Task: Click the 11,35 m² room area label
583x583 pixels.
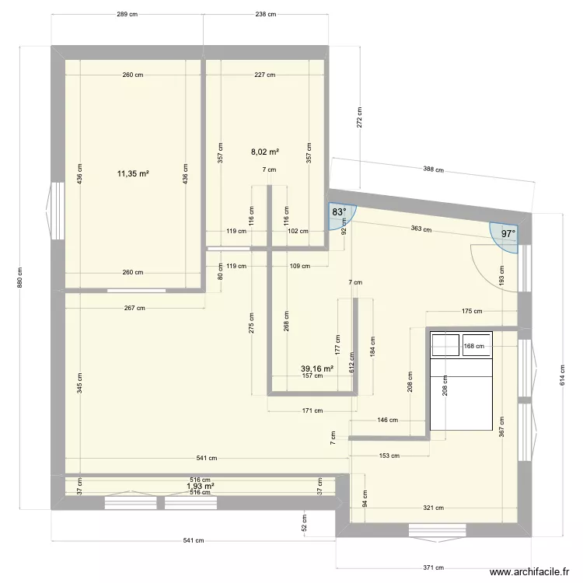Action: coord(133,173)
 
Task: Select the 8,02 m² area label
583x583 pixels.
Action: coord(265,153)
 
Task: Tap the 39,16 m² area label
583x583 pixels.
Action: coord(317,369)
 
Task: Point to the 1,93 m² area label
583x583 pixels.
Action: coord(200,487)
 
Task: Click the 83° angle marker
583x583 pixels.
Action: coord(339,212)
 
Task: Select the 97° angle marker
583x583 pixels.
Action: coord(508,233)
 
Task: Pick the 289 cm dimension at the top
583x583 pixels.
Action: coord(127,14)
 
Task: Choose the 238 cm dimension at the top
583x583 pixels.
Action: coord(266,14)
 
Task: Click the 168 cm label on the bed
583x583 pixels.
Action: coord(473,347)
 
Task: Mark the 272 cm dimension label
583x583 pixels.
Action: coord(360,117)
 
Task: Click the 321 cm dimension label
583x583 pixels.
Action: coord(433,508)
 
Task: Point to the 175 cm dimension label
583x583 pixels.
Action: coord(472,312)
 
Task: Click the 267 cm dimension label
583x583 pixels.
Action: coord(134,308)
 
